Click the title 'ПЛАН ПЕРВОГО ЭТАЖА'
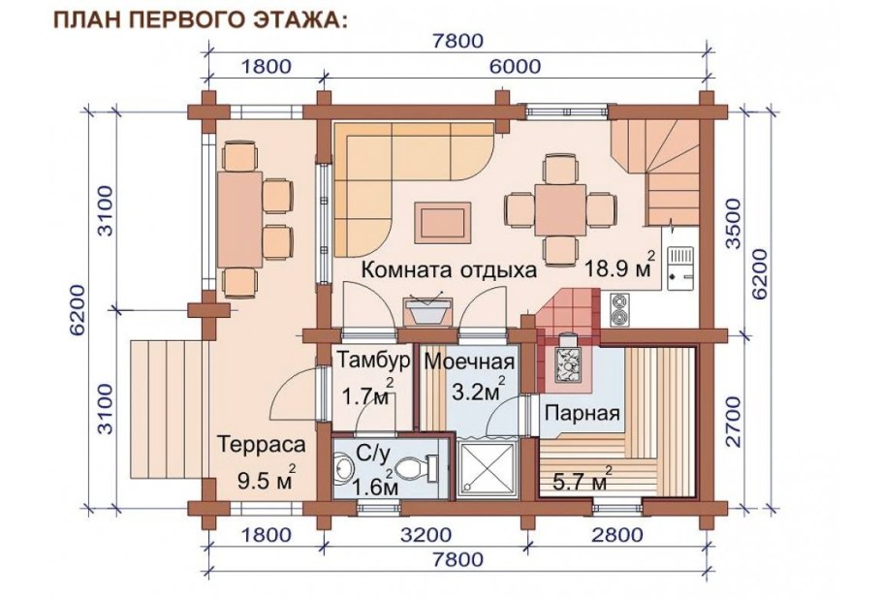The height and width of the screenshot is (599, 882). (198, 19)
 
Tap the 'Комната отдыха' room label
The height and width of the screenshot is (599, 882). (449, 270)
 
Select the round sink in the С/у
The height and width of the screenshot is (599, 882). (344, 470)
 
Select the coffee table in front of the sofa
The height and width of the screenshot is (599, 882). (444, 221)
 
